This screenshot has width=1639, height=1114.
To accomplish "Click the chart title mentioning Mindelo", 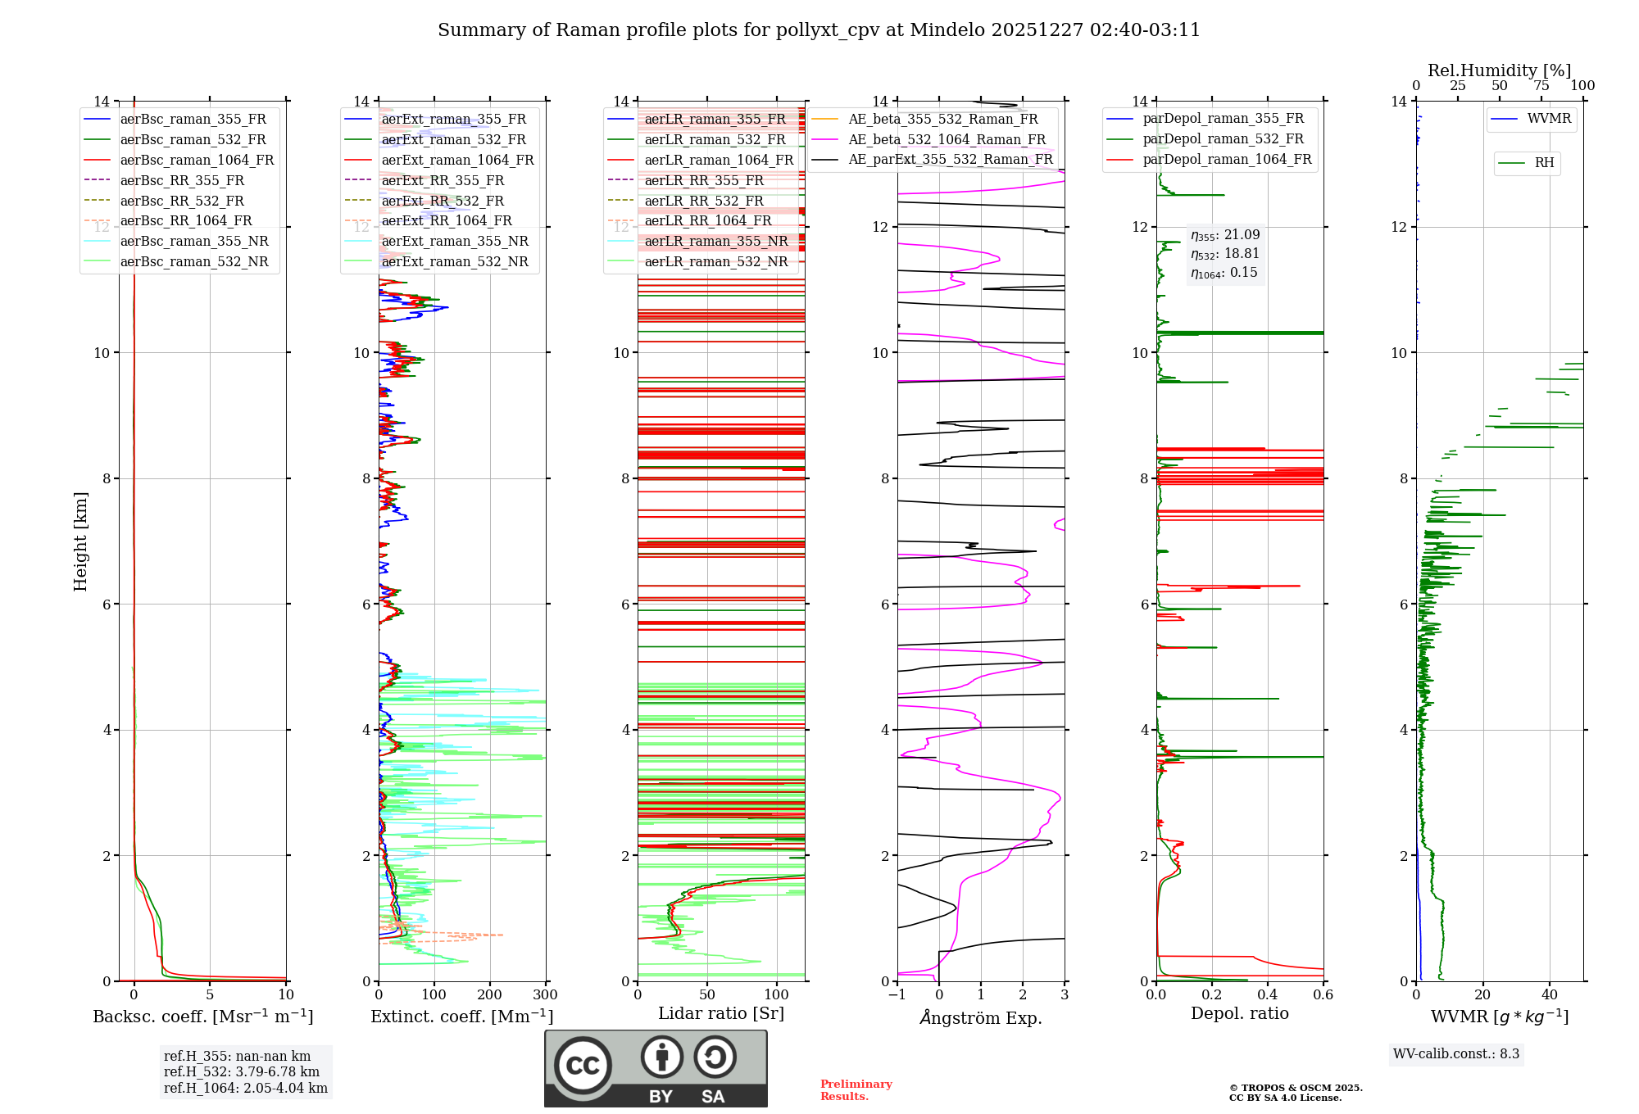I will point(819,30).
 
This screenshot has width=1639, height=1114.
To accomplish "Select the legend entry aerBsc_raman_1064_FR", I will point(197,160).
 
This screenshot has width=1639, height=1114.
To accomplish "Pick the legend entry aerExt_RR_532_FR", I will point(443,201).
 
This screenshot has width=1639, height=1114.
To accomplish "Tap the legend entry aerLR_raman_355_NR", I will point(715,241).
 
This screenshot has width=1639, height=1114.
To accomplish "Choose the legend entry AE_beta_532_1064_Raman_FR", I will point(947,139).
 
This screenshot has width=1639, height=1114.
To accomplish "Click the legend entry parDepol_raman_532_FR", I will point(1223,139).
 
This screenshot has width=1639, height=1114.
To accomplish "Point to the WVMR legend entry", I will point(1548,119).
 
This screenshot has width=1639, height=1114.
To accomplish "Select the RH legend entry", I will point(1544,163).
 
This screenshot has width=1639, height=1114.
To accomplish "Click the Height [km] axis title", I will point(80,541).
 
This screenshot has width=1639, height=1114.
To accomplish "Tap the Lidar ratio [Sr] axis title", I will point(720,1013).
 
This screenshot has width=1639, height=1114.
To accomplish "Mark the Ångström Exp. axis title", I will point(981,1017).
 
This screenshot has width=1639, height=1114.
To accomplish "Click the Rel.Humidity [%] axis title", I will point(1499,70).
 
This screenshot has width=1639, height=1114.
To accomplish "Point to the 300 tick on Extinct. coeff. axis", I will point(545,995).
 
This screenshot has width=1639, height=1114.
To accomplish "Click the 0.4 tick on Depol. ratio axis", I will point(1267,995).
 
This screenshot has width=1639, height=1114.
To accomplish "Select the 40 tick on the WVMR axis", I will point(1549,995).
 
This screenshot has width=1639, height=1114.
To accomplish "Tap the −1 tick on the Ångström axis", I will point(897,995).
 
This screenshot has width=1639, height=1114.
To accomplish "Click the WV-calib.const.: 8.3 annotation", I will point(1455,1054).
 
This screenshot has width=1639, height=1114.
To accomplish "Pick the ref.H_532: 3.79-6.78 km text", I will point(241,1071).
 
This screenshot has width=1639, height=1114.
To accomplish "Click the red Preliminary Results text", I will point(856,1090).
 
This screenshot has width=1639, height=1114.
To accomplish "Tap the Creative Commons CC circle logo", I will point(583,1065).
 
